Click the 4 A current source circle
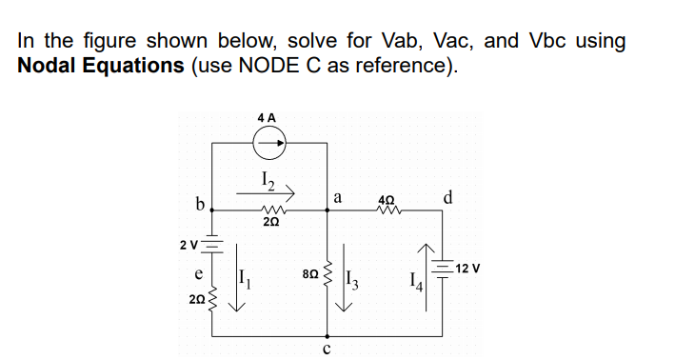[268, 146]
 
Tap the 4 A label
[268, 117]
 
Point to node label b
[200, 203]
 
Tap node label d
[447, 198]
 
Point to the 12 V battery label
[469, 269]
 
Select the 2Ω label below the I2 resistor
[269, 221]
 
